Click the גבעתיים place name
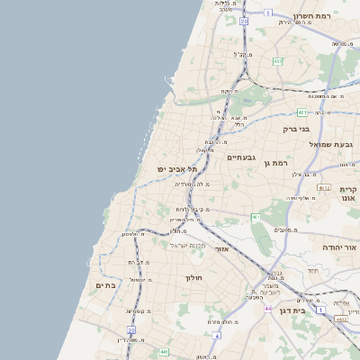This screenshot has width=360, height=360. pyautogui.click(x=242, y=157)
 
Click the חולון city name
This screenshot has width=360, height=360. pyautogui.click(x=195, y=278)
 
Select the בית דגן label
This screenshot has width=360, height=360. pyautogui.click(x=311, y=310)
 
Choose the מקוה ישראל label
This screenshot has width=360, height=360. pyautogui.click(x=189, y=245)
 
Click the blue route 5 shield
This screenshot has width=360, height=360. pyautogui.click(x=267, y=13)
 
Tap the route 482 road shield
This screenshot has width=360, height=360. pyautogui.click(x=278, y=61)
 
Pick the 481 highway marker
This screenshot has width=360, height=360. pyautogui.click(x=302, y=112)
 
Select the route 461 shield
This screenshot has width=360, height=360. pyautogui.click(x=256, y=217)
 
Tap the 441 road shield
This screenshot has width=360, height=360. pyautogui.click(x=164, y=352)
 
